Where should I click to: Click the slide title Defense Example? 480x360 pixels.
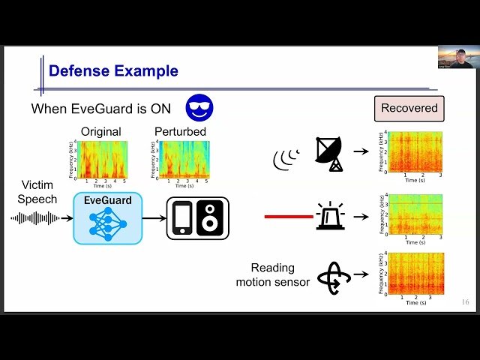[113, 71]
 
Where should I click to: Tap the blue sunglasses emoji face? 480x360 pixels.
[199, 107]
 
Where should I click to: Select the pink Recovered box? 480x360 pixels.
[409, 108]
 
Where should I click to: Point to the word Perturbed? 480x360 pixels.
[180, 132]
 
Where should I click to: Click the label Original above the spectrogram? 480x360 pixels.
[100, 132]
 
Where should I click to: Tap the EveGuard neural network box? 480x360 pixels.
[107, 217]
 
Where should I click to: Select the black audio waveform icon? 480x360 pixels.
[35, 218]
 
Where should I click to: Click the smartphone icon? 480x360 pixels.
[181, 218]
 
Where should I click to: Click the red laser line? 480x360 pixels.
[289, 217]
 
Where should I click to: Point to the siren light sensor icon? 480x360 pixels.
[330, 215]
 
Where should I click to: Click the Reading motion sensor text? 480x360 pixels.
[272, 274]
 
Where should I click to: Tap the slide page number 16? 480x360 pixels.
[465, 302]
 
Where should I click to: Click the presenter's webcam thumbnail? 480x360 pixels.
[455, 57]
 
